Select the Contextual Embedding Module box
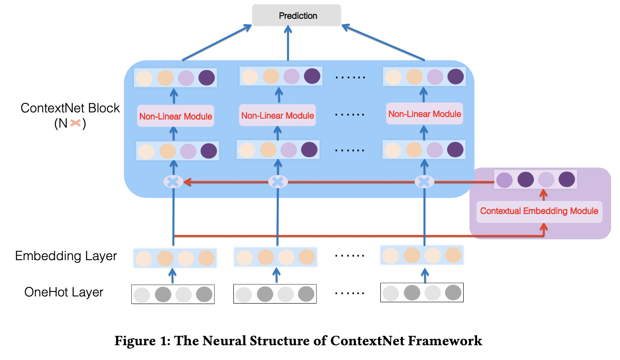(539, 211)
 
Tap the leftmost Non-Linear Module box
(175, 116)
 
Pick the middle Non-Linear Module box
(277, 116)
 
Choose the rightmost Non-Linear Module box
(424, 114)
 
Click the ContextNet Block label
(70, 108)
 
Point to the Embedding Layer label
(66, 256)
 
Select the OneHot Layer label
(64, 292)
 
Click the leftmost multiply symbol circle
(174, 182)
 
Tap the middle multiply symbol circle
(278, 182)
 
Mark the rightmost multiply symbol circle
(424, 182)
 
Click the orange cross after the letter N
(75, 123)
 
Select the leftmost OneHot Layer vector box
(173, 294)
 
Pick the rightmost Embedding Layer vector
(422, 255)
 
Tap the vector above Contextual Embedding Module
(535, 180)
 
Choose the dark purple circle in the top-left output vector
(207, 78)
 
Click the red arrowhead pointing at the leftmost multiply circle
(187, 182)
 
